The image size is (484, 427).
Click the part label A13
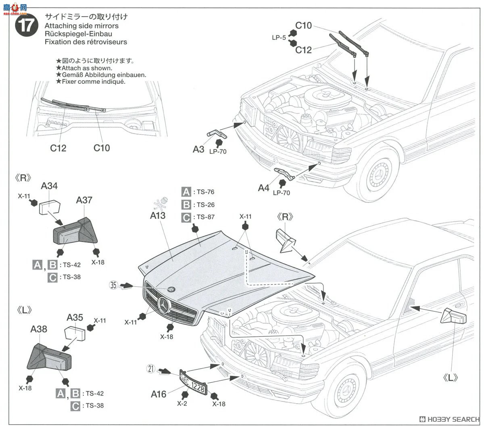[x=158, y=216]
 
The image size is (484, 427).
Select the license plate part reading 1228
[x=193, y=383]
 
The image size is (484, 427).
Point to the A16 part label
[x=159, y=394]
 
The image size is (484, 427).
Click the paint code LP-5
[x=279, y=37]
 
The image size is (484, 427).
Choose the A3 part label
[x=198, y=149]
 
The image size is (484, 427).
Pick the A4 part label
[x=263, y=188]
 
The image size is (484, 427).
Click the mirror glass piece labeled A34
[x=49, y=207]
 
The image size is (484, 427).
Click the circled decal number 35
[x=113, y=285]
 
